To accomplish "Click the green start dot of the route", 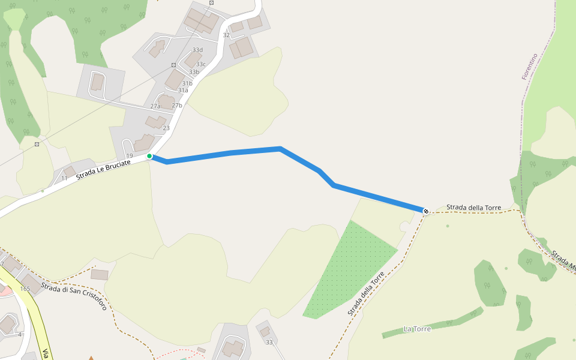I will (149, 156).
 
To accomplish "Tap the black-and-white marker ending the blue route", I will (426, 211).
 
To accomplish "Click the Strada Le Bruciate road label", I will (104, 169).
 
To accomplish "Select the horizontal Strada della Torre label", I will (473, 208).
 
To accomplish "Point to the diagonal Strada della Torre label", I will (365, 294).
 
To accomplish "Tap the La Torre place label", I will (416, 329).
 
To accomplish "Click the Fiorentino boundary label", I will (529, 67).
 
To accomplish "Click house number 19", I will (129, 156).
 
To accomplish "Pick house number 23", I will (166, 128).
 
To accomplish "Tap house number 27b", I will (177, 106).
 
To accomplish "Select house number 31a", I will (183, 90).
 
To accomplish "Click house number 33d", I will (197, 50).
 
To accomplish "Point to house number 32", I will (226, 35).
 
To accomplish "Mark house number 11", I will (64, 178).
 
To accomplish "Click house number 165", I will (25, 289).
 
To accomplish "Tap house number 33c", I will (200, 64).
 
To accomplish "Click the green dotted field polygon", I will (351, 270).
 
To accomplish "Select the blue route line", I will (255, 151).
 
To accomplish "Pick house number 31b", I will (187, 83).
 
